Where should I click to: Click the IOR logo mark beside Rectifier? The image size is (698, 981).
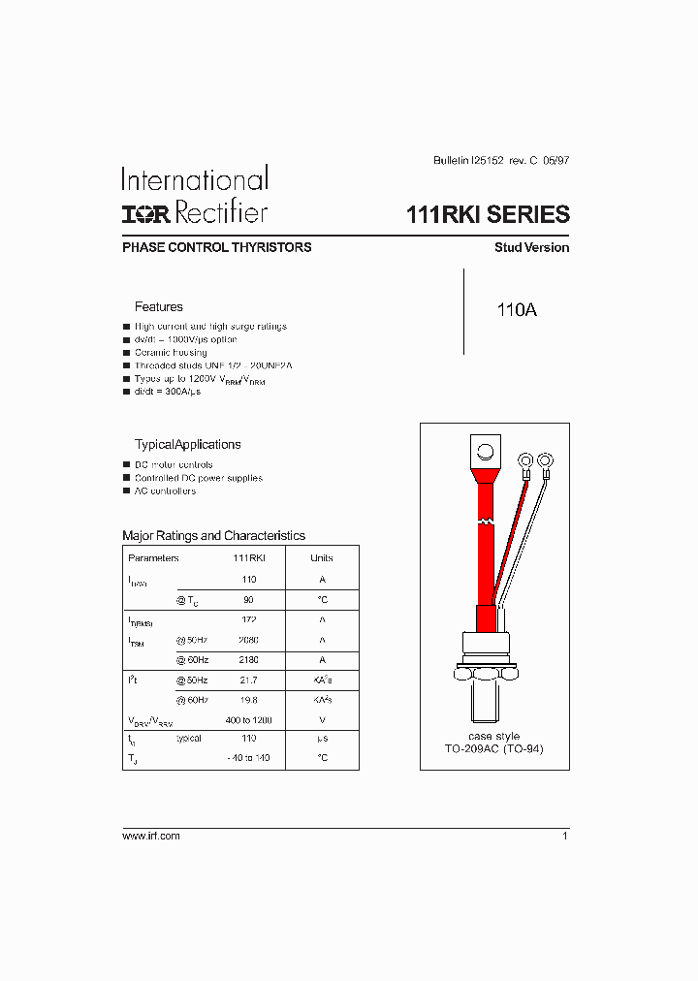140,213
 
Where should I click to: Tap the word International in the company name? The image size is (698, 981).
194,179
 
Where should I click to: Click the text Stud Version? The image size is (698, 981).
531,247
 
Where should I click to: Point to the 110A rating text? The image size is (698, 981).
516,310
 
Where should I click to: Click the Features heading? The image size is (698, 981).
158,306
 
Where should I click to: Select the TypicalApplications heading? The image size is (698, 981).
187,444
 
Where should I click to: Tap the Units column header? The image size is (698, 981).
322,557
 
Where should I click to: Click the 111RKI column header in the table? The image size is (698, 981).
249,557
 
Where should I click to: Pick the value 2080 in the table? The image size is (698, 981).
249,640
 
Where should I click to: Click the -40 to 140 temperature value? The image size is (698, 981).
249,758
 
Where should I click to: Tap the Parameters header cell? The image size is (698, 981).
153,557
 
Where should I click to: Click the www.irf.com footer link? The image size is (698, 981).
150,836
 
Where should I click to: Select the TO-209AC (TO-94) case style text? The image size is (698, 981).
494,750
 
